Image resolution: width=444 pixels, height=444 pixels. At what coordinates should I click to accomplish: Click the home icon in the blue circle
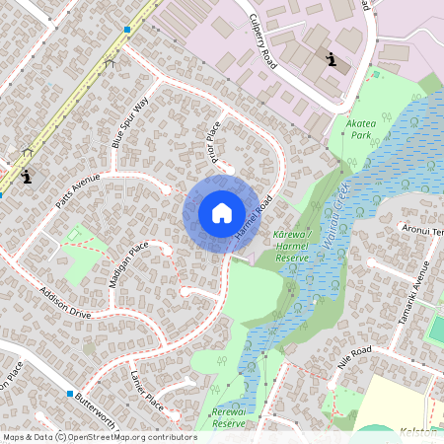(222, 212)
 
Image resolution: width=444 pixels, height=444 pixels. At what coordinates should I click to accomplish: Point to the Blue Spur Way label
(130, 122)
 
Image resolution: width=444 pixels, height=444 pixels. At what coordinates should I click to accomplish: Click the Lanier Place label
(146, 390)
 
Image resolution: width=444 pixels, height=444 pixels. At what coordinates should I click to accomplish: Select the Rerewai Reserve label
(228, 417)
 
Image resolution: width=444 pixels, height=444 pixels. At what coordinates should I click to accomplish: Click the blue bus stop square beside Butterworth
(70, 395)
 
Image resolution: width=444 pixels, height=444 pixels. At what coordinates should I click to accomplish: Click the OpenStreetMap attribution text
(100, 436)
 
